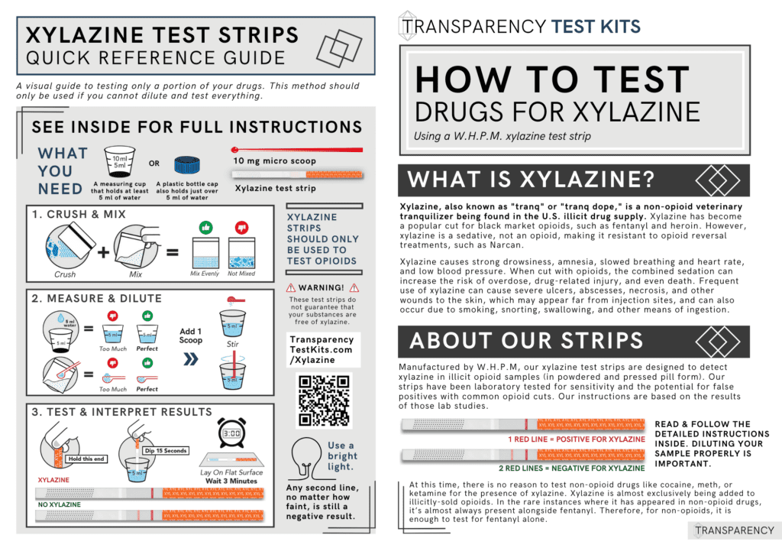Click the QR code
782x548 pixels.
323,400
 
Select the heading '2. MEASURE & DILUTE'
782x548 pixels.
96,297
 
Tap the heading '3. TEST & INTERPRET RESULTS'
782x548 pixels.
122,412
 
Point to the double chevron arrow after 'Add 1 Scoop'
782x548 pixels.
190,355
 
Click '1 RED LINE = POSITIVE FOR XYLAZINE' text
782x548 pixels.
577,439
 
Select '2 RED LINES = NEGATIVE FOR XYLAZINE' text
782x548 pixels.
571,468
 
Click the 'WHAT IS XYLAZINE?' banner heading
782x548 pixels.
532,180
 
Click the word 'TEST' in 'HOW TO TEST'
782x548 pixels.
637,80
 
